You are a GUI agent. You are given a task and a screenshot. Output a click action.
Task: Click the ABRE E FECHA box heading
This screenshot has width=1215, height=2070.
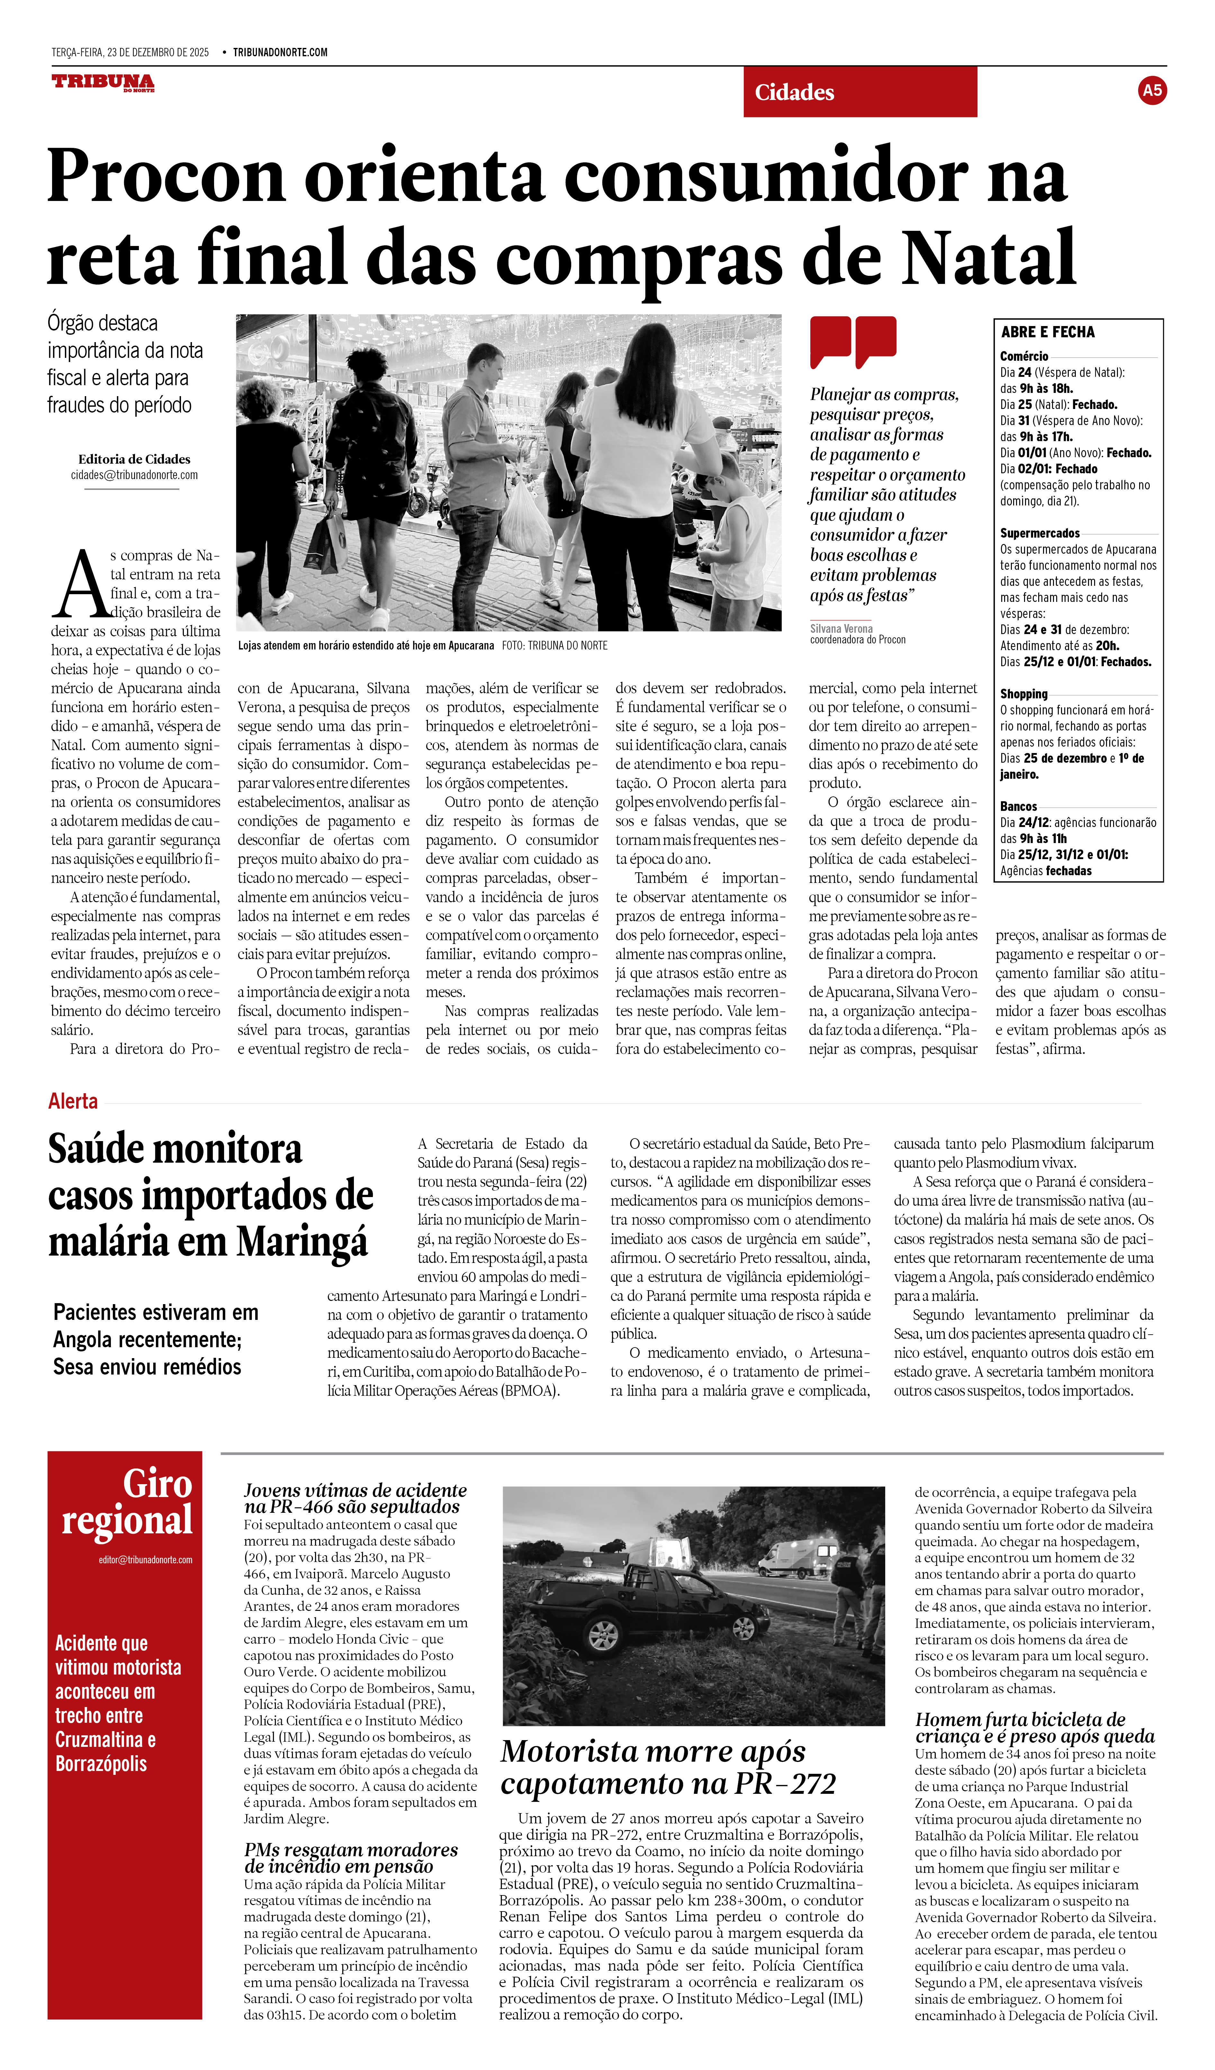click(1048, 332)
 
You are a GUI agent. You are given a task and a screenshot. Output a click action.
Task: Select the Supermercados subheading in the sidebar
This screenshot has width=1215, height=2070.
click(1039, 533)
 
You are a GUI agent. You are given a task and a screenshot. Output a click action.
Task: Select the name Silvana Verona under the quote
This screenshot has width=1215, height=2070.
click(841, 628)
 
